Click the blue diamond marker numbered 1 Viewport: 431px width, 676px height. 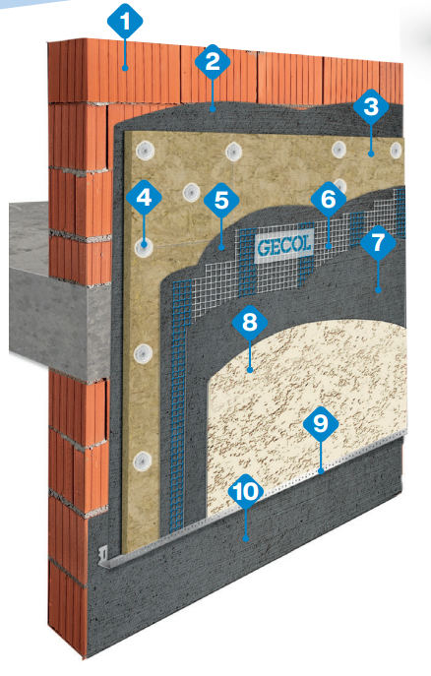tap(125, 21)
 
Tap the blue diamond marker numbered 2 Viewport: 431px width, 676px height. tap(212, 62)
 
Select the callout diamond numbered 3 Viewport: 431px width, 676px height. tap(371, 106)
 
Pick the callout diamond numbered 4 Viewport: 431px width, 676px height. tap(144, 198)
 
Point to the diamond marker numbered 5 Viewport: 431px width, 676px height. tap(221, 201)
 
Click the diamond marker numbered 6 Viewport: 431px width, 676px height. tap(328, 199)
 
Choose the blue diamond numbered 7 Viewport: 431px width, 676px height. tap(378, 242)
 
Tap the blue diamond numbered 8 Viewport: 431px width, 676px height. tap(250, 322)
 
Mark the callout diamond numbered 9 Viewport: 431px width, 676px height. tap(320, 423)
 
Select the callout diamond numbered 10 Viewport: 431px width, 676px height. tap(246, 491)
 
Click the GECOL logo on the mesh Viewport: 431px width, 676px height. tap(283, 246)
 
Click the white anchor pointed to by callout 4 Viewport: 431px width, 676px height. tap(144, 247)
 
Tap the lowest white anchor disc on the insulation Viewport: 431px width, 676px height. tap(142, 461)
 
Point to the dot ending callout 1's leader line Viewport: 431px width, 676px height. tap(125, 68)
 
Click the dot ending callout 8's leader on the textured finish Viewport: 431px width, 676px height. tap(250, 369)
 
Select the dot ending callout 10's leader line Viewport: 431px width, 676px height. tap(246, 537)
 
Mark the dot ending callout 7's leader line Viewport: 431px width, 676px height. tap(378, 290)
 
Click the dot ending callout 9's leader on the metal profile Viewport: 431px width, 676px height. tap(320, 470)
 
